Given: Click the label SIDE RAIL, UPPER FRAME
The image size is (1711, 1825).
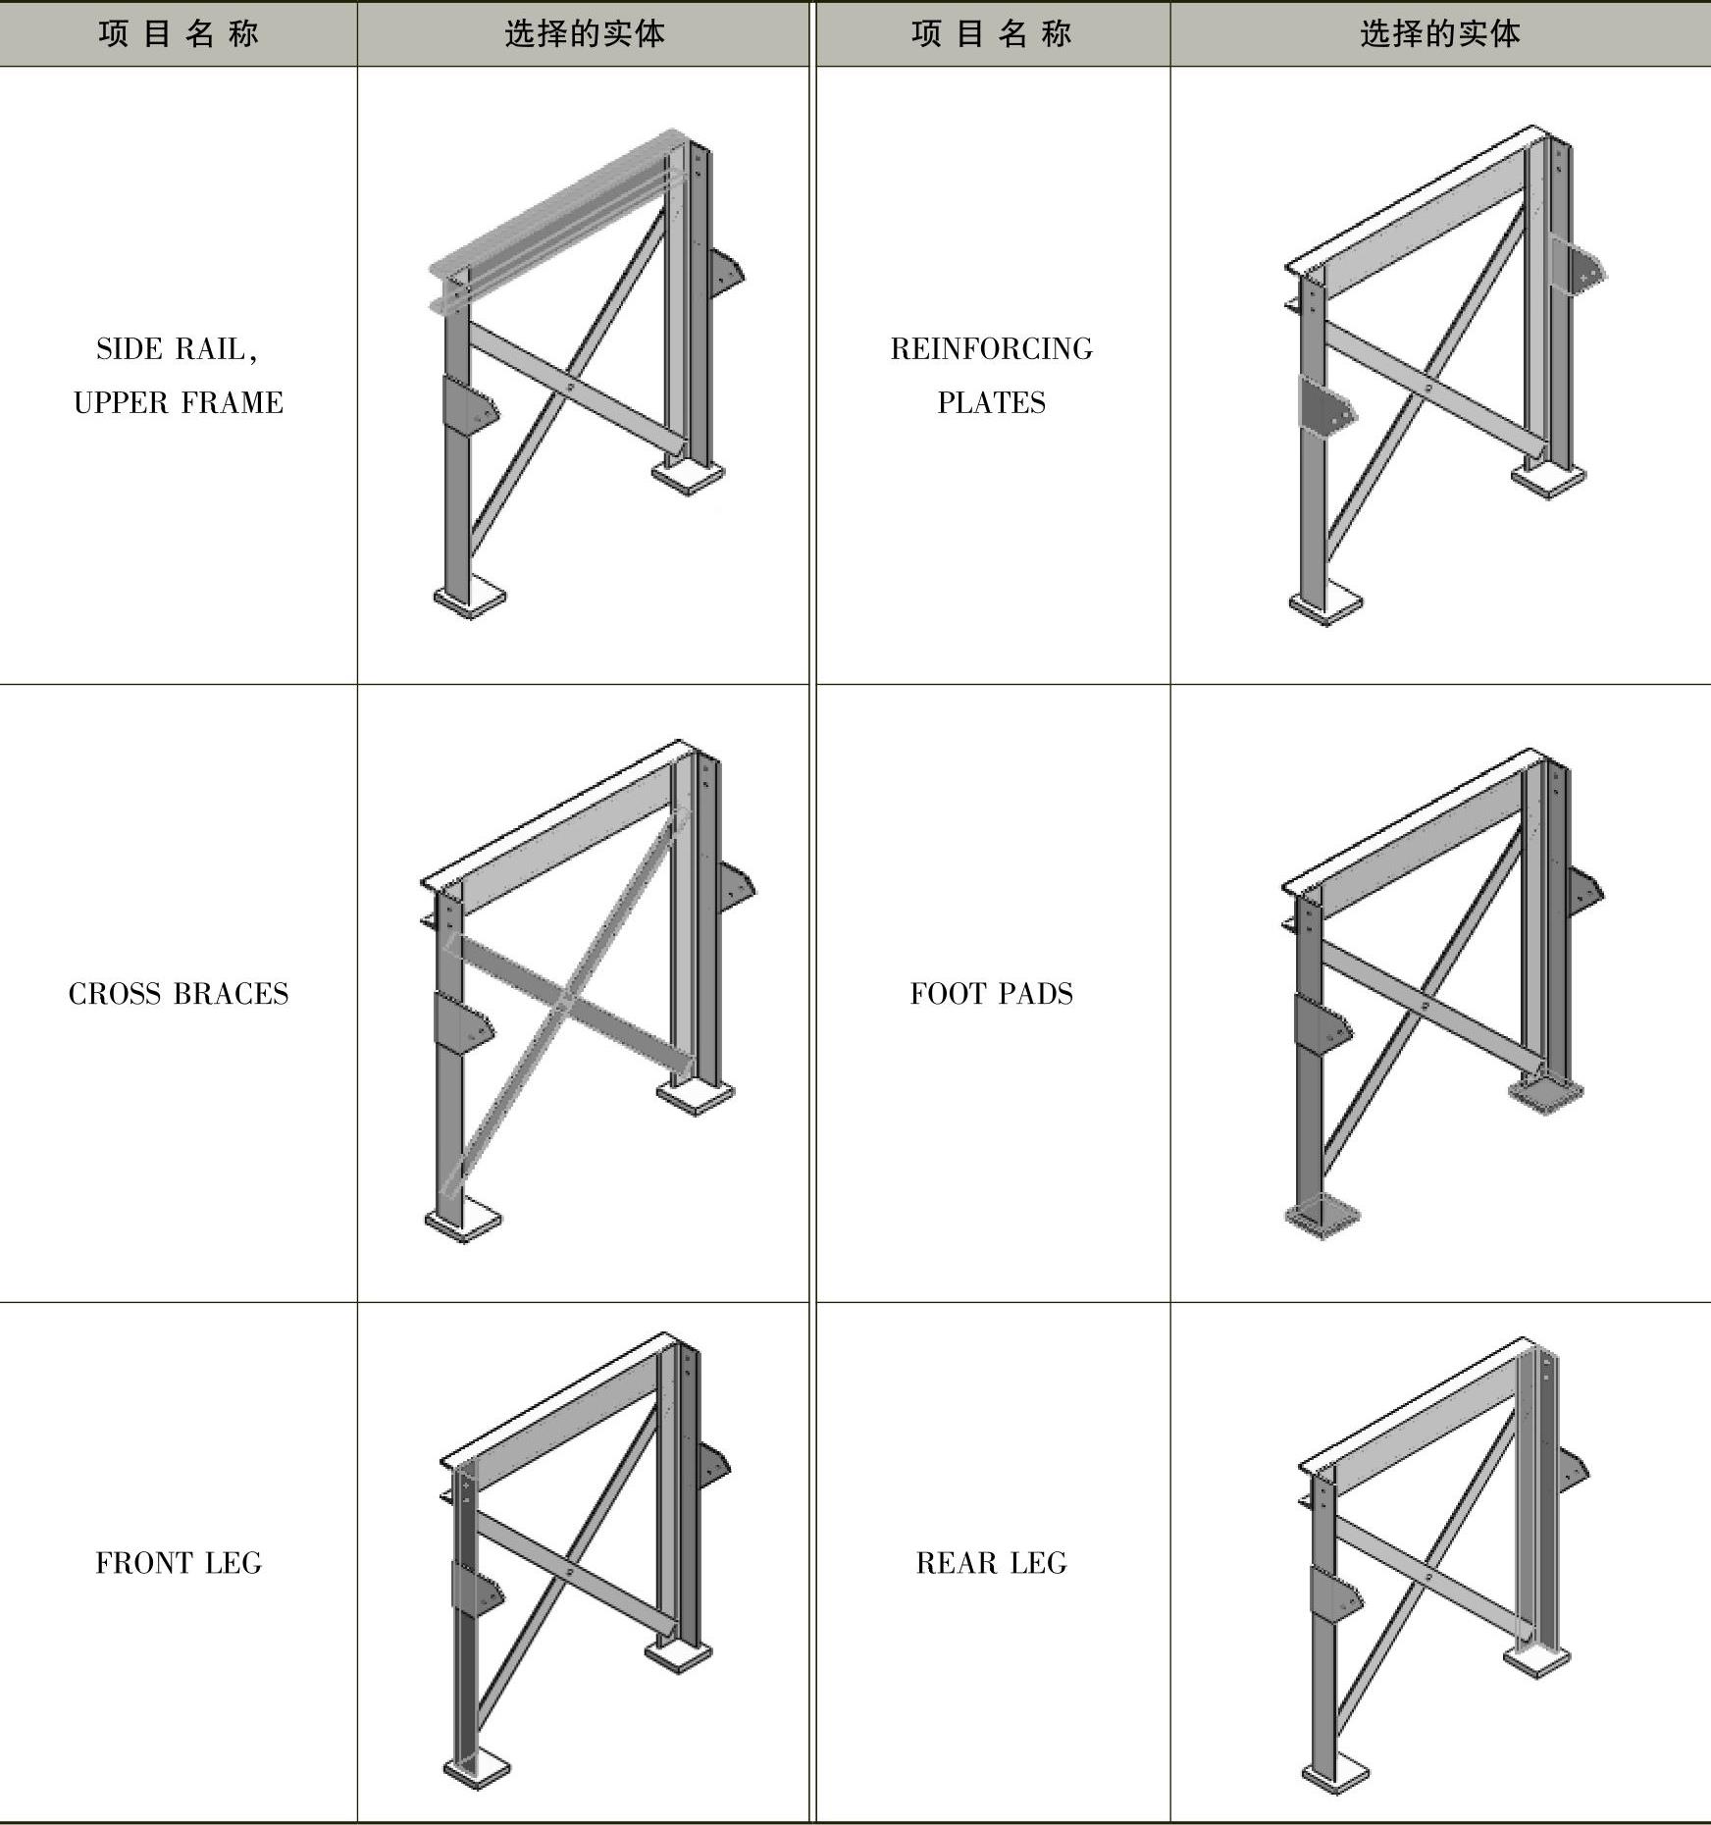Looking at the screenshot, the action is [179, 376].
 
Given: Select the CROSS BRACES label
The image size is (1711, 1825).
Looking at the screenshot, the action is [179, 994].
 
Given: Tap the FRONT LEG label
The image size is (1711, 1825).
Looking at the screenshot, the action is [179, 1563].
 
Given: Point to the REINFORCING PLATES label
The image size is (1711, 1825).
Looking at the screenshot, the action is [992, 376].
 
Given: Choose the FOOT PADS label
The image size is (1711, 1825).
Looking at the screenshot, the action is [992, 994].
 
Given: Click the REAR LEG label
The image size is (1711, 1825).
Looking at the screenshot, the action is [992, 1563].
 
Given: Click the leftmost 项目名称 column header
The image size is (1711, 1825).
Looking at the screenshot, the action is [179, 33].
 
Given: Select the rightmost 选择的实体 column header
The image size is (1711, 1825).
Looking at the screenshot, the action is [1440, 33].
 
